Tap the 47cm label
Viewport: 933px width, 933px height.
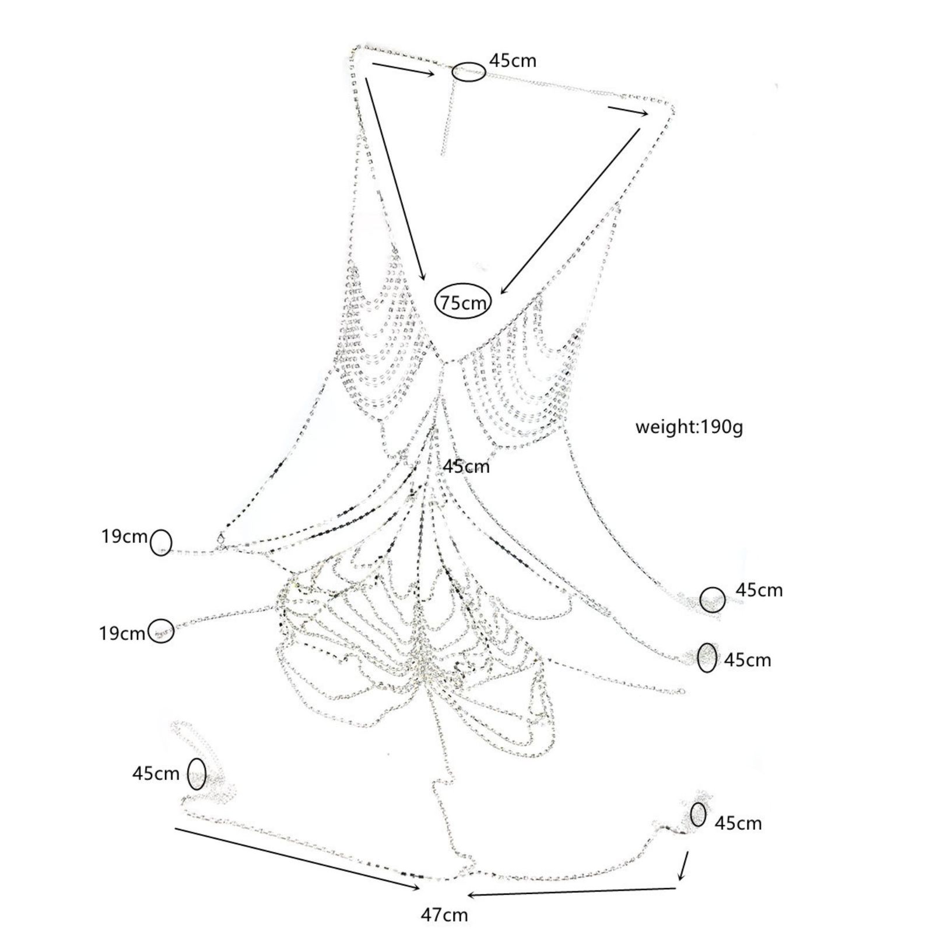coord(444,915)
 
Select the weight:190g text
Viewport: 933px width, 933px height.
coord(689,427)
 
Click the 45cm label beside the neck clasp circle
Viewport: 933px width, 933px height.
coord(512,60)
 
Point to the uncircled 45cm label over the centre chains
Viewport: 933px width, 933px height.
coord(466,466)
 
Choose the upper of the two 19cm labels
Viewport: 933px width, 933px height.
coord(124,536)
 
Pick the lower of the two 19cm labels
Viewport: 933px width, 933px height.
coord(122,633)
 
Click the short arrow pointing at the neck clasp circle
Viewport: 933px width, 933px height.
coord(404,69)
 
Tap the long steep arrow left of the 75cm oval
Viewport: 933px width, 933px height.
coord(396,179)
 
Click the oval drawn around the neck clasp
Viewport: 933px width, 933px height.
coord(468,72)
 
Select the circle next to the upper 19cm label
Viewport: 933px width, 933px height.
coord(162,543)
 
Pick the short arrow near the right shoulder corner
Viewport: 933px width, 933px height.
coord(627,111)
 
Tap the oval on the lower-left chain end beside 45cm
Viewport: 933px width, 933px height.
coord(197,773)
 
